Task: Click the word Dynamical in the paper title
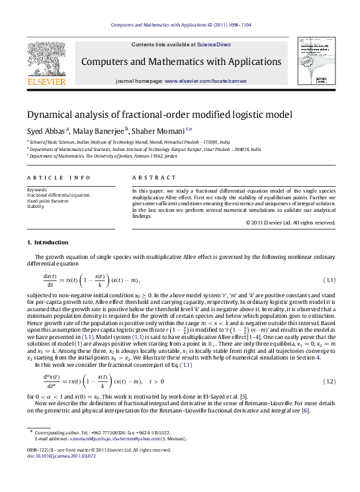[50, 114]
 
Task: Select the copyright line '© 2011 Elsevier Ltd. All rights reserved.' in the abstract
[290, 222]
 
